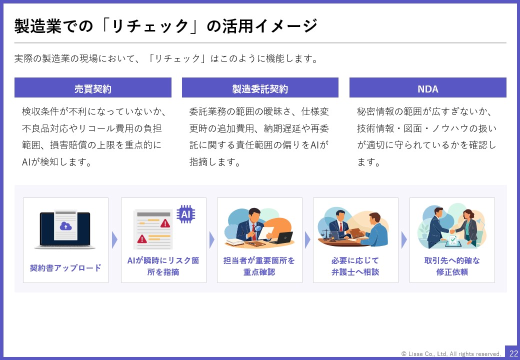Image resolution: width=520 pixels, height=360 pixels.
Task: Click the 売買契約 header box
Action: (x=93, y=87)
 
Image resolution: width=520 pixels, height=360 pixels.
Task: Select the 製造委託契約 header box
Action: (x=260, y=87)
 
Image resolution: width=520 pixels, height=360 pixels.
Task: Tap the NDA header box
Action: (x=428, y=87)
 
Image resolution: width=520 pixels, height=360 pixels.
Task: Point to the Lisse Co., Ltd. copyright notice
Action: (x=451, y=353)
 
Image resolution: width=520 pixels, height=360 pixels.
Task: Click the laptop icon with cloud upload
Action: (x=65, y=229)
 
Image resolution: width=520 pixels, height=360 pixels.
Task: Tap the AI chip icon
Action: (x=185, y=214)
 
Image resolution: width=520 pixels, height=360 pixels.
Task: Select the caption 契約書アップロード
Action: (x=65, y=268)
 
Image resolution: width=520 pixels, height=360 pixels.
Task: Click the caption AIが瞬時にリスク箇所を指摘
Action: (x=163, y=266)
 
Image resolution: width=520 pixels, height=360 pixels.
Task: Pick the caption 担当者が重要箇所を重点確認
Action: (x=259, y=266)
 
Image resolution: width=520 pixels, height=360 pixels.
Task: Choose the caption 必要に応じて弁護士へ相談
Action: (x=355, y=266)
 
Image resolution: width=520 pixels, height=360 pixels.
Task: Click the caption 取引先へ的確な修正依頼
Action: (x=452, y=266)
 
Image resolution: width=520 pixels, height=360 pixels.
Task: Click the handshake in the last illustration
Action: (x=451, y=231)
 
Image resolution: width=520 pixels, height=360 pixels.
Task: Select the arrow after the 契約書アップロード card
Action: (x=114, y=240)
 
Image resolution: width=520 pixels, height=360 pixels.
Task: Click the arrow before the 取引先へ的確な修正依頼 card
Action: (x=404, y=240)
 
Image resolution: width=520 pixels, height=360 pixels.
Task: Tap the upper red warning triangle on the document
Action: (x=165, y=223)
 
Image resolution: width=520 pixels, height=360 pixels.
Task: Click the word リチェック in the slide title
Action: (x=150, y=26)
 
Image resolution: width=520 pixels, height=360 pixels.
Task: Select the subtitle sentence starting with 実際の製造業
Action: (x=166, y=58)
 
